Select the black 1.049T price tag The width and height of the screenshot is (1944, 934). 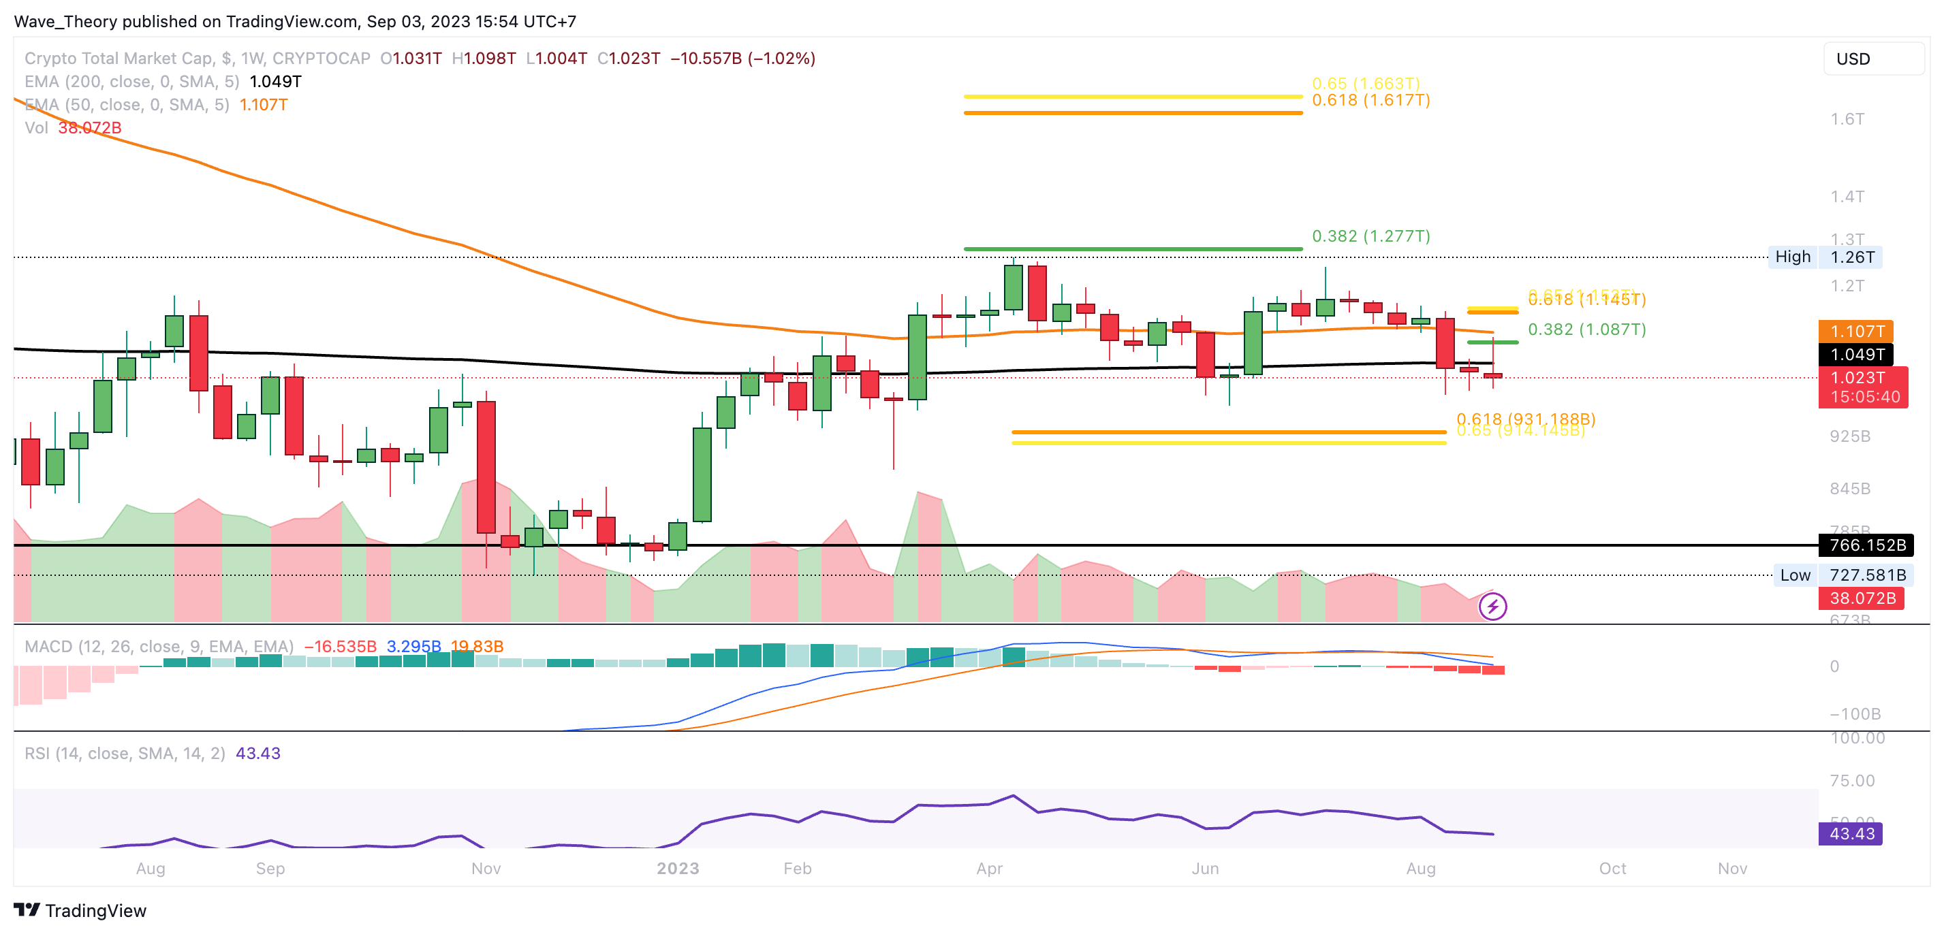pyautogui.click(x=1855, y=354)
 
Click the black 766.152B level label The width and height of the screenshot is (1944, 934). pyautogui.click(x=1866, y=545)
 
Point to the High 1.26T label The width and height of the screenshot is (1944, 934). pyautogui.click(x=1824, y=257)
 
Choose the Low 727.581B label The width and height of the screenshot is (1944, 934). pyautogui.click(x=1842, y=575)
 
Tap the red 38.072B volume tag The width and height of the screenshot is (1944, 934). pyautogui.click(x=1862, y=598)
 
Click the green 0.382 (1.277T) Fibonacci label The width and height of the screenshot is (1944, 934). pyautogui.click(x=1370, y=236)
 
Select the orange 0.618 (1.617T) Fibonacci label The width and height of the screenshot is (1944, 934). pyautogui.click(x=1370, y=100)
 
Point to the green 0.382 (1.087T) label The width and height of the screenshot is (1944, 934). pyautogui.click(x=1586, y=329)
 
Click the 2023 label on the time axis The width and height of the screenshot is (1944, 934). pyautogui.click(x=678, y=869)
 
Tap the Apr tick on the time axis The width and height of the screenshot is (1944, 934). pyautogui.click(x=989, y=869)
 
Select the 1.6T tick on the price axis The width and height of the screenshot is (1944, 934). pyautogui.click(x=1847, y=119)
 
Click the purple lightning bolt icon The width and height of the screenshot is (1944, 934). pyautogui.click(x=1492, y=607)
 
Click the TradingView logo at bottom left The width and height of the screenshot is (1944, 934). pyautogui.click(x=80, y=911)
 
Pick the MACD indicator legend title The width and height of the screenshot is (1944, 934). pyautogui.click(x=159, y=647)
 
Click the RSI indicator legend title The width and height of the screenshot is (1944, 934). pyautogui.click(x=125, y=754)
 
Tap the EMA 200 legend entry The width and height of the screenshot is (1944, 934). pyautogui.click(x=132, y=82)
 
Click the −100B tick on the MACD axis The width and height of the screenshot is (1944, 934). pyautogui.click(x=1854, y=713)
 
